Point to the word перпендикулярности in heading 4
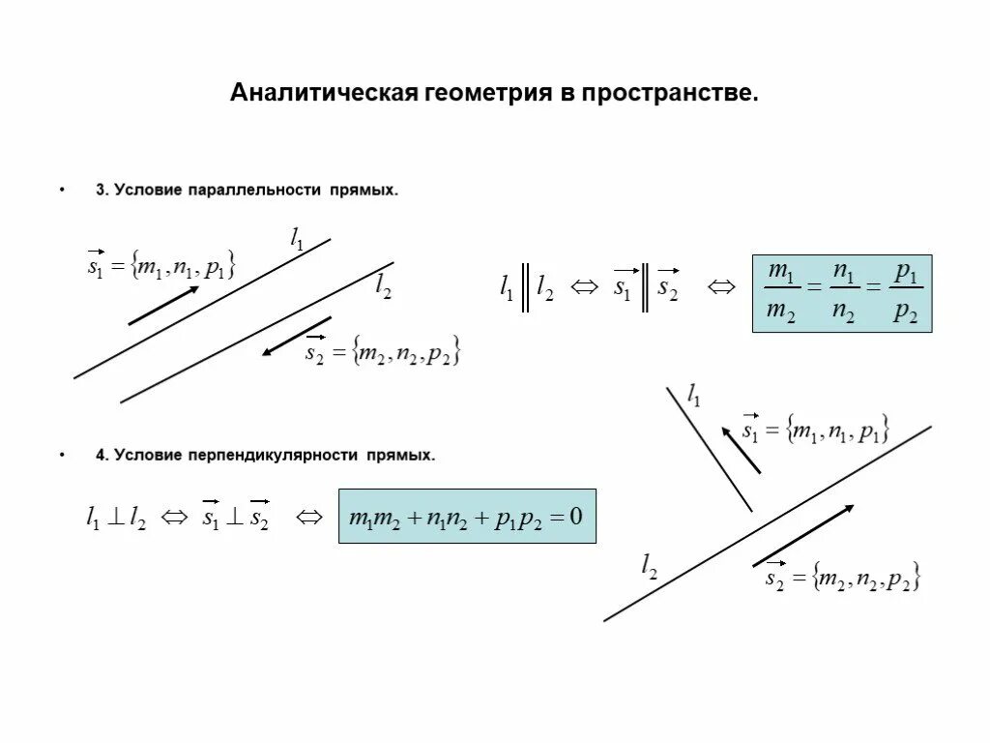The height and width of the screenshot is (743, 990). [x=280, y=455]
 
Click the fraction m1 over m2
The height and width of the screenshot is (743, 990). [x=781, y=292]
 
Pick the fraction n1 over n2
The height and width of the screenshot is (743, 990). [x=844, y=292]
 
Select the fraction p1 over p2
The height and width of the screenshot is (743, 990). [x=906, y=292]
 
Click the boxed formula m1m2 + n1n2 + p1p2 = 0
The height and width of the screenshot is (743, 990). [x=467, y=517]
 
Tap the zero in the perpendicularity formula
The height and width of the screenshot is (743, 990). [x=575, y=517]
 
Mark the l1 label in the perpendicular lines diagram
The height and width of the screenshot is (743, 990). [x=694, y=393]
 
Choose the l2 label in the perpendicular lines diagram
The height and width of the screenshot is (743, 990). [x=650, y=567]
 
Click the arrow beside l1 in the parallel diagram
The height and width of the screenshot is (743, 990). [x=163, y=305]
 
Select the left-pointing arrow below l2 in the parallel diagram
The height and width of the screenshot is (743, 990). [x=297, y=336]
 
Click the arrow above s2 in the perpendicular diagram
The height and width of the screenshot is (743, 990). [x=803, y=534]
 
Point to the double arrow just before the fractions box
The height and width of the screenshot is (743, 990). [x=721, y=286]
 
